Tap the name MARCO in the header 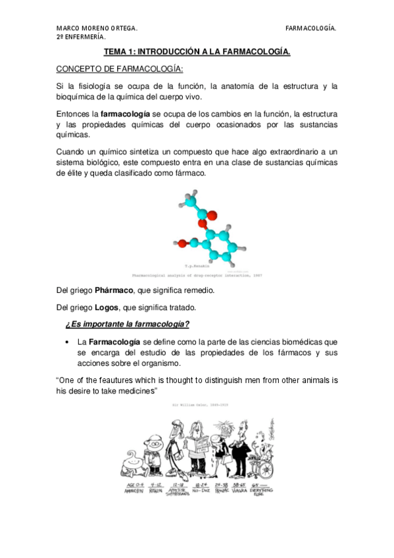click(68, 28)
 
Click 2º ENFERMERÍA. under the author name click(80, 37)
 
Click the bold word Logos click(107, 307)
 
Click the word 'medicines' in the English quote click(134, 391)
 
